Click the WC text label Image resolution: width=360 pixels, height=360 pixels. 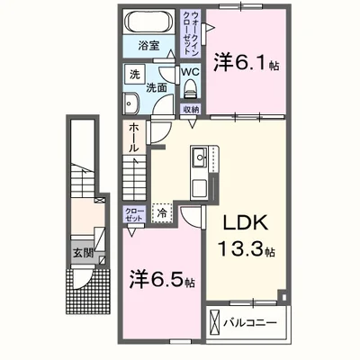(190, 70)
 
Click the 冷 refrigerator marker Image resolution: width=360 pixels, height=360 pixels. (162, 214)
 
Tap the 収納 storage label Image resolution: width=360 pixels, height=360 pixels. (191, 109)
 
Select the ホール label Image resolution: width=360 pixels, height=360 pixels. (132, 136)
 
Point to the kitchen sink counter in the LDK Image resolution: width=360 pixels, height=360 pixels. (199, 171)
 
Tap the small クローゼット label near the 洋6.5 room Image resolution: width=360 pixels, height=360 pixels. (133, 216)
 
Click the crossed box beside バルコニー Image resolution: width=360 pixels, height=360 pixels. (212, 320)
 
